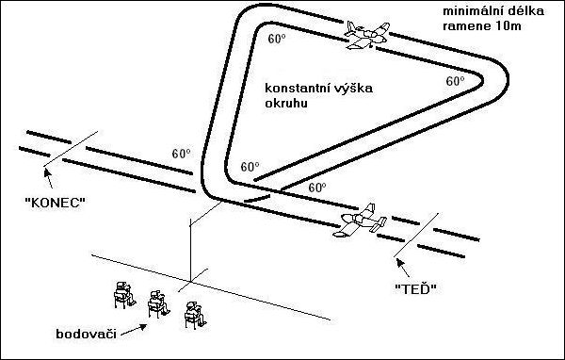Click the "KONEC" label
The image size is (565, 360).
[x=56, y=203]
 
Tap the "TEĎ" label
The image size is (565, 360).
[x=416, y=288]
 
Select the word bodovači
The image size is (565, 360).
[x=86, y=334]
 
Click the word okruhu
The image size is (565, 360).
[x=286, y=103]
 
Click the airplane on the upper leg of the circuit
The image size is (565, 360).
[x=367, y=35]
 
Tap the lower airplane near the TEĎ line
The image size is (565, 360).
[x=360, y=221]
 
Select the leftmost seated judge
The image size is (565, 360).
[x=124, y=295]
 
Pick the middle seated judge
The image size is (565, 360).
[x=158, y=304]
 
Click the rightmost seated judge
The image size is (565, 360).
[x=195, y=316]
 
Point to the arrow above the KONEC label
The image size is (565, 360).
[x=48, y=178]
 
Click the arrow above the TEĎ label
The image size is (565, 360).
[x=403, y=268]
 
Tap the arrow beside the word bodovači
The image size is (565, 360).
[x=134, y=330]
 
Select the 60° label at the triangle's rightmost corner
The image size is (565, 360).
[x=455, y=81]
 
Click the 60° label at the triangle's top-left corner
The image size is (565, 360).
[x=277, y=39]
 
